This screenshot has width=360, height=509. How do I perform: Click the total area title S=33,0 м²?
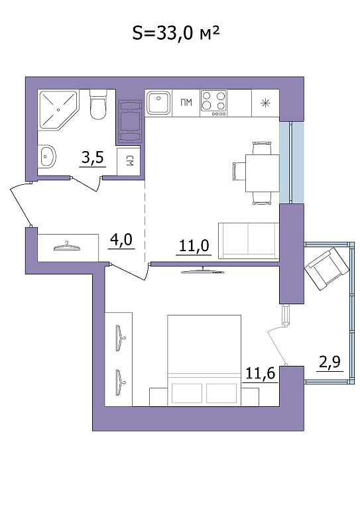[176, 32]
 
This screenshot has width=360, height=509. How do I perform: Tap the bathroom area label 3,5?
[93, 158]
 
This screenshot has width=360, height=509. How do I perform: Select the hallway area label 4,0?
[121, 240]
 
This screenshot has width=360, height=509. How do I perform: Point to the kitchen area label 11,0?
[194, 246]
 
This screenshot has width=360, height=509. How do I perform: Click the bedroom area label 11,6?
[260, 373]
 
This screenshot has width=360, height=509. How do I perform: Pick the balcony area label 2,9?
[330, 362]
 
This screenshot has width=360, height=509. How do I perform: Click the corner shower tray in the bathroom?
[58, 110]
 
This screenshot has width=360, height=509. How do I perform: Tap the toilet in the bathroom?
[98, 105]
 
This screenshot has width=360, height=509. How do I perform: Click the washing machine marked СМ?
[129, 161]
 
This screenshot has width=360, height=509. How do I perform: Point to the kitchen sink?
[158, 102]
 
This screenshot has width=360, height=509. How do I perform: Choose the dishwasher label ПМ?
[186, 103]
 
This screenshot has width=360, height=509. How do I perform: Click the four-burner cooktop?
[213, 103]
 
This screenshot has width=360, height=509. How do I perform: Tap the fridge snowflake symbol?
[266, 103]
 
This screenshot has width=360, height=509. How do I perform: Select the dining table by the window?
[263, 174]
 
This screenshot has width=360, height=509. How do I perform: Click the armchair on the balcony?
[327, 268]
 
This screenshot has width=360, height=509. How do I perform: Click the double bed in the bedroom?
[204, 361]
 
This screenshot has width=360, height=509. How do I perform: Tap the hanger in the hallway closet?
[67, 247]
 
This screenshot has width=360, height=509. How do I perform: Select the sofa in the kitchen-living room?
[249, 241]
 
